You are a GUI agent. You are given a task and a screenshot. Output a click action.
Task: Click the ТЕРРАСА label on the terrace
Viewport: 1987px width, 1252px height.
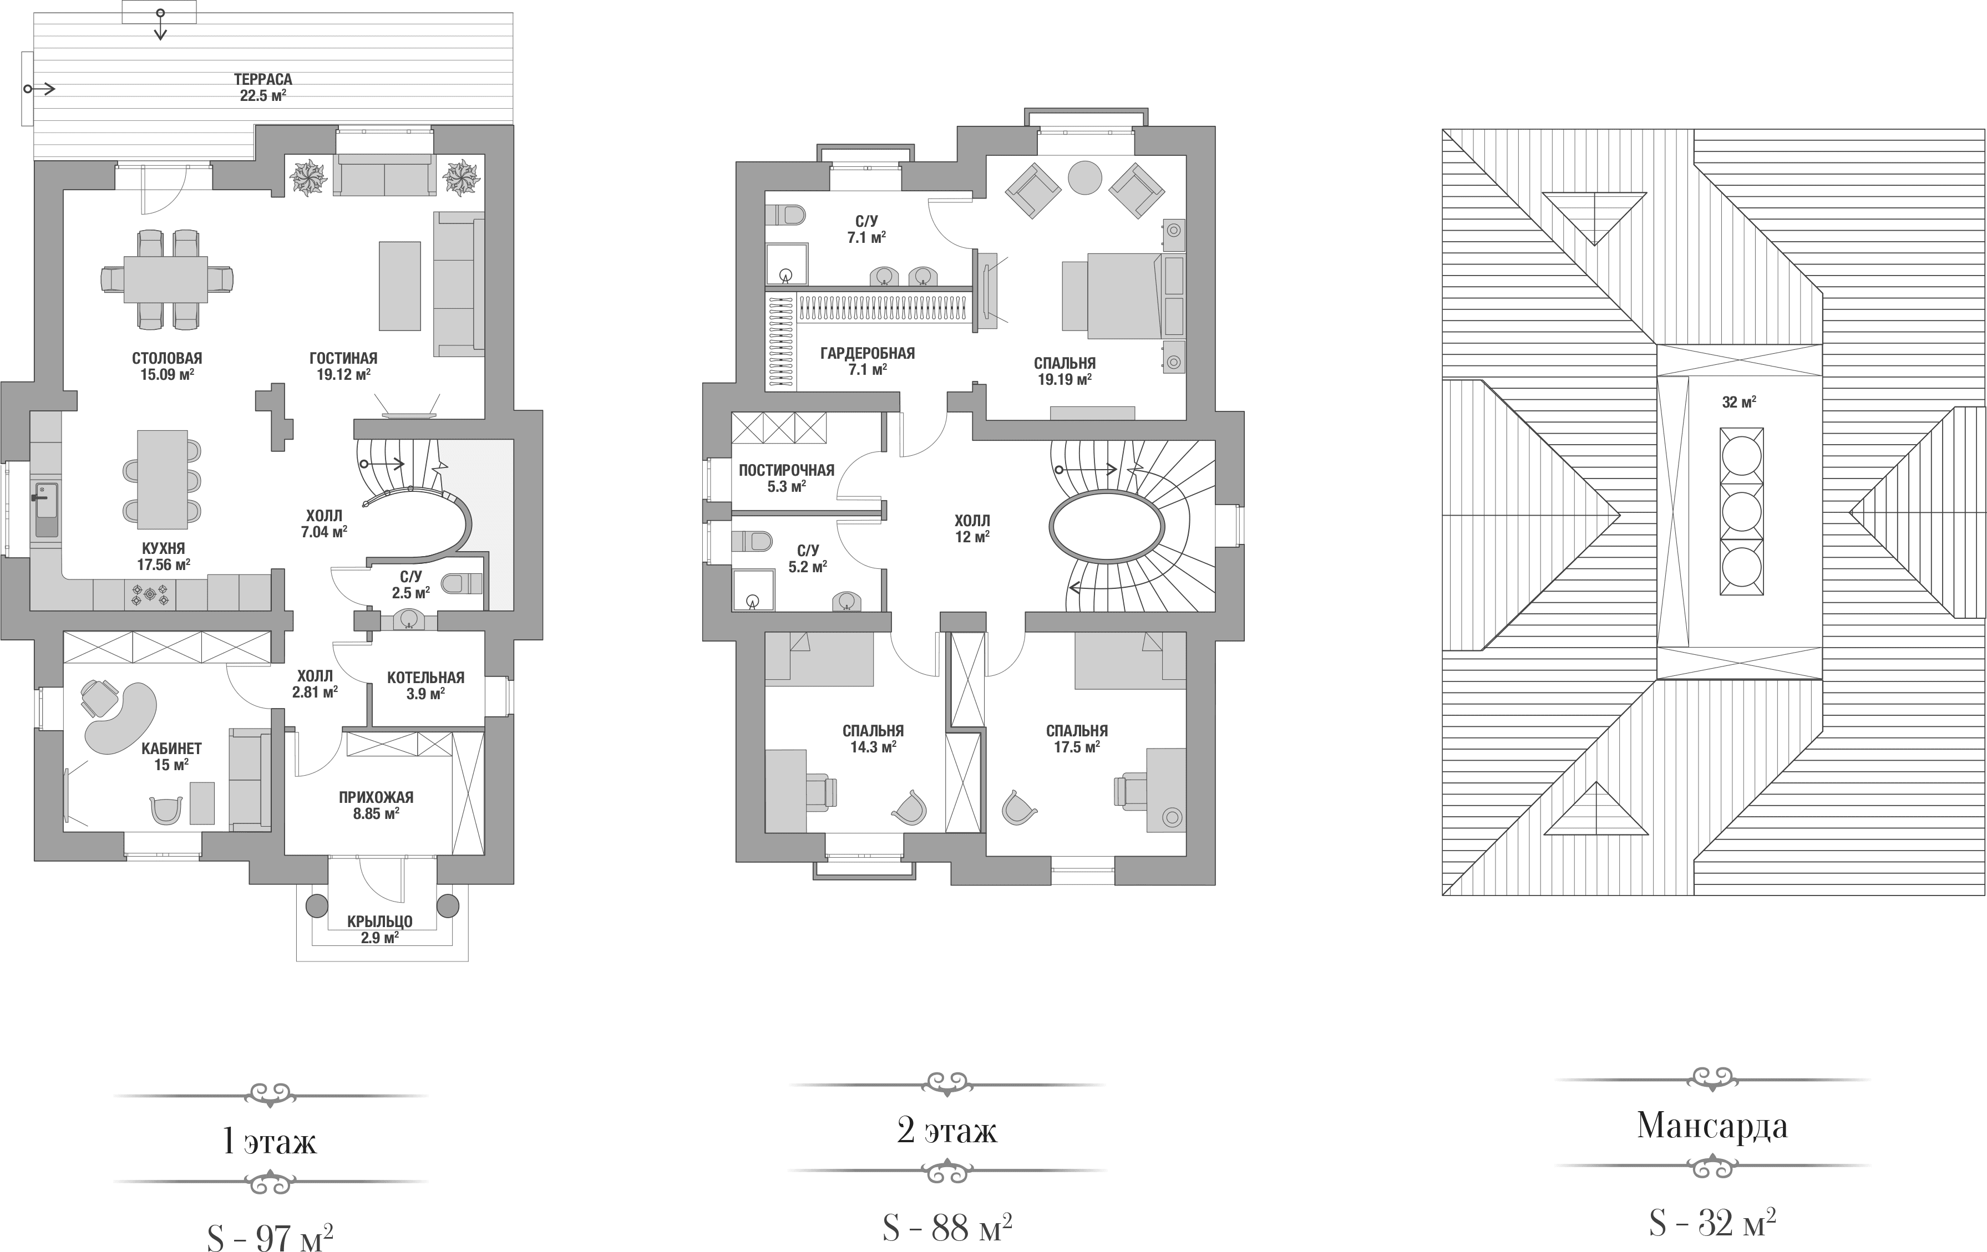tap(262, 79)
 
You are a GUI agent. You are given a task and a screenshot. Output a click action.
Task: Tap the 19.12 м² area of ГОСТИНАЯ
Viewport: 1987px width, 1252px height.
tap(343, 374)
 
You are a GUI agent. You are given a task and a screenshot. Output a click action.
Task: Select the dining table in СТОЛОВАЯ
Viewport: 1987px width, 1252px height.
tap(166, 279)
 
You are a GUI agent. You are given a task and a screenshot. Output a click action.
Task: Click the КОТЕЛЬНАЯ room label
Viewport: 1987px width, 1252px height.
tap(426, 677)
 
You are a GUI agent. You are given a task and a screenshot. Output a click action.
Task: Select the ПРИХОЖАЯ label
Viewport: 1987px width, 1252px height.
tap(376, 797)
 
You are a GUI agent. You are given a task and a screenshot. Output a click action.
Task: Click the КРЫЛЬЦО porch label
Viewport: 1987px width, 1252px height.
tap(379, 922)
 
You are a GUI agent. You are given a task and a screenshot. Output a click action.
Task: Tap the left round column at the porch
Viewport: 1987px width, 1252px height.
tap(317, 905)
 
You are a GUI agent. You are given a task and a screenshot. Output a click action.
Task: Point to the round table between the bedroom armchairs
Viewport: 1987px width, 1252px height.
tap(1084, 177)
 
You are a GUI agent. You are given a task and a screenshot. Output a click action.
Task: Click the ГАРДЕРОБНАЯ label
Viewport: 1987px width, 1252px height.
tap(867, 354)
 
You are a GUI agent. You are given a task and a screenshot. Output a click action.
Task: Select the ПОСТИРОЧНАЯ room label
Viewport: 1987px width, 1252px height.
tap(787, 470)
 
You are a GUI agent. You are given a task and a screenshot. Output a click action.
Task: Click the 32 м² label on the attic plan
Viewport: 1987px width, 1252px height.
tap(1738, 403)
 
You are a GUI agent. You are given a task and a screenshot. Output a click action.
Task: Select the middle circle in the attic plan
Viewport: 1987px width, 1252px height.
tap(1741, 511)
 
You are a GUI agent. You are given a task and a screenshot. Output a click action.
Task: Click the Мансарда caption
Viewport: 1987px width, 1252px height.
tap(1712, 1126)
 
